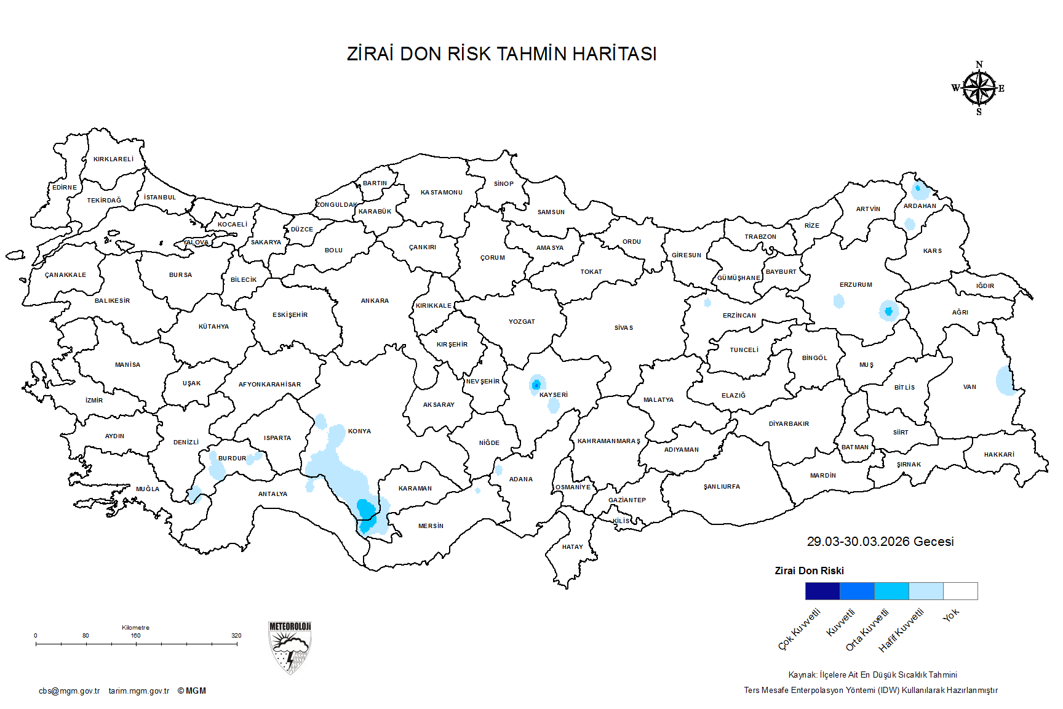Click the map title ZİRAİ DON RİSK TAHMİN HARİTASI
click(x=501, y=54)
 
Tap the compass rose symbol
click(x=979, y=89)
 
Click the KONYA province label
click(x=359, y=431)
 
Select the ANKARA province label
click(x=375, y=300)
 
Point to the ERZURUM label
click(x=856, y=284)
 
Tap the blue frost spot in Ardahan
click(x=918, y=188)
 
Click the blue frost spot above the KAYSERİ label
click(x=536, y=385)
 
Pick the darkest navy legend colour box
click(x=822, y=591)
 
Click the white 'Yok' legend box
click(x=960, y=591)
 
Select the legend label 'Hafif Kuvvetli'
click(x=901, y=630)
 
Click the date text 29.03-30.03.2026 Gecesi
click(x=880, y=542)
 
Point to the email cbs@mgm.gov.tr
click(x=69, y=691)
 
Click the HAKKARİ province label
click(x=998, y=454)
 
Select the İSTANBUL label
click(x=160, y=197)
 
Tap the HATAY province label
click(x=572, y=547)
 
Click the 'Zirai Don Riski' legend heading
click(x=809, y=571)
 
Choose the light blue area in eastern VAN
click(x=1005, y=381)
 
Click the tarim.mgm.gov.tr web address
click(x=139, y=691)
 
